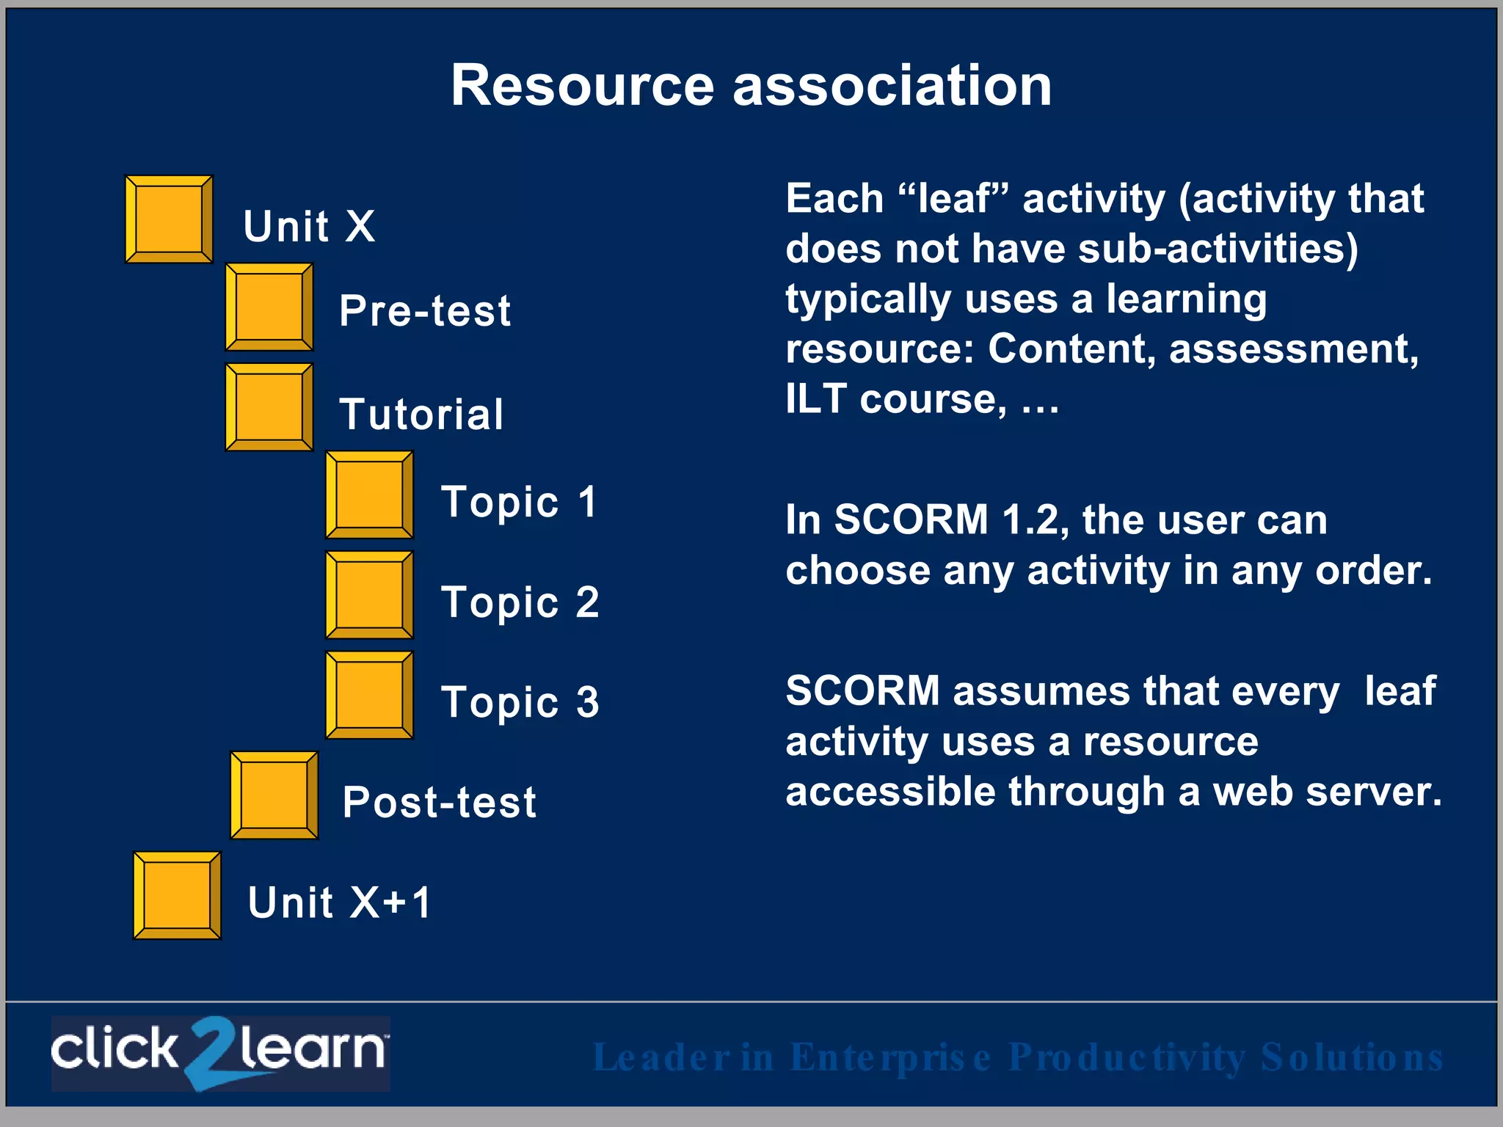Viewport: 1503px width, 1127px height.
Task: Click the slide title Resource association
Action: tap(751, 85)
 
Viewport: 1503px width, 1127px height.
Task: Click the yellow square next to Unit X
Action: tap(169, 219)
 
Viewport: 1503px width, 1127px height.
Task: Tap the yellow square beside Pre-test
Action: tap(269, 307)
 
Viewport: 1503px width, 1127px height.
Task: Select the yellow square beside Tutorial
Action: tap(269, 406)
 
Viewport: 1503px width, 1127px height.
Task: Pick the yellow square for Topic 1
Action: tap(369, 495)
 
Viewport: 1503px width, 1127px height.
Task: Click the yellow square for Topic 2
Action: tap(369, 595)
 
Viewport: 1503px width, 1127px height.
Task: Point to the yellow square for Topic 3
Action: tap(369, 695)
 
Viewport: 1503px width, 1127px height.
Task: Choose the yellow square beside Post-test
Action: tap(274, 795)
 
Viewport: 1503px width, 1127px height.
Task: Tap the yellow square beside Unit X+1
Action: tap(176, 895)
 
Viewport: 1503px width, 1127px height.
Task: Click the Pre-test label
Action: tap(424, 310)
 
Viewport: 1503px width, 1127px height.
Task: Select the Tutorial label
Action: tap(421, 414)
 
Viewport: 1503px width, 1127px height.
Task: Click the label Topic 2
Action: tap(520, 602)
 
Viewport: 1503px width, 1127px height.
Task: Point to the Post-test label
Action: tap(439, 802)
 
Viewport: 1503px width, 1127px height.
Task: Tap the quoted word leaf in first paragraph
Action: tap(953, 199)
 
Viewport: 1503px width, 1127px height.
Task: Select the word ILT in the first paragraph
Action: tap(816, 398)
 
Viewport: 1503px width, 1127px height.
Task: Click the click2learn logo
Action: tap(220, 1053)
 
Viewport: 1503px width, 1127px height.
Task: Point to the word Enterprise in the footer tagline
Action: tap(890, 1057)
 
